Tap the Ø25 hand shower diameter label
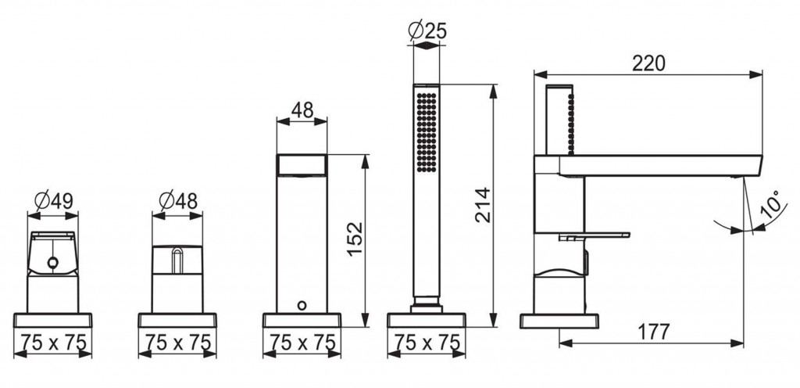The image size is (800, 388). coord(427,31)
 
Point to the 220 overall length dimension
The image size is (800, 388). coord(648,63)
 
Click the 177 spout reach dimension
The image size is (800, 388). coord(654,332)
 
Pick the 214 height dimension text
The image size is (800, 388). coord(483,205)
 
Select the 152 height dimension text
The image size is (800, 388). coord(355,239)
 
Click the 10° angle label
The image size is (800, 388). coord(771,204)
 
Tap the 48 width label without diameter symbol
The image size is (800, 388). coord(302,110)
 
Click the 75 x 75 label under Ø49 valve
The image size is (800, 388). coord(53,342)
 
